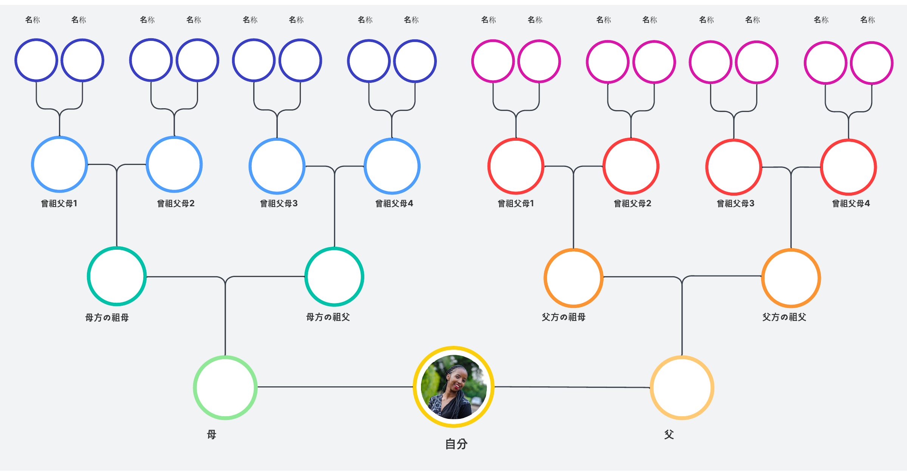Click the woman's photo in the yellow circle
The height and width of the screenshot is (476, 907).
click(x=453, y=387)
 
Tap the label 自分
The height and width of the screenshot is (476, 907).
click(x=456, y=444)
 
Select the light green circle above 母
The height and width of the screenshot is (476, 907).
click(x=225, y=387)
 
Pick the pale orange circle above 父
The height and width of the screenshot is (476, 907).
click(x=682, y=387)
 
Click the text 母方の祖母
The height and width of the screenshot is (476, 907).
click(x=107, y=317)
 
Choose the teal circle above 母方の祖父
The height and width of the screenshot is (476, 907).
click(x=334, y=277)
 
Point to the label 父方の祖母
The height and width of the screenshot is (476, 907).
click(x=563, y=317)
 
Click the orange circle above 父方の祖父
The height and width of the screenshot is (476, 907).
click(x=791, y=278)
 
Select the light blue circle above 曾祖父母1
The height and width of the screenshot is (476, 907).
click(x=59, y=165)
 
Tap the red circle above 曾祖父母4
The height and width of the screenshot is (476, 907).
click(x=848, y=167)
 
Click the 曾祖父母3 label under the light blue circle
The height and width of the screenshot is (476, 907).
click(x=279, y=204)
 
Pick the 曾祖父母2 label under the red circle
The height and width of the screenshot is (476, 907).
click(x=632, y=204)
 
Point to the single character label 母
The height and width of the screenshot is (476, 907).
click(x=212, y=434)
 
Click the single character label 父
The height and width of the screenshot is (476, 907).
click(x=669, y=434)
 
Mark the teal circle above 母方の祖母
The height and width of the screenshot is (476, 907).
click(x=117, y=276)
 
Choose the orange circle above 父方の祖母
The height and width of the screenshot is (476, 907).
click(x=573, y=278)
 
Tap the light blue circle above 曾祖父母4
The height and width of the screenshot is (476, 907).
click(x=392, y=166)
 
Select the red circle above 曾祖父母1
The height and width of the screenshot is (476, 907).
click(x=516, y=166)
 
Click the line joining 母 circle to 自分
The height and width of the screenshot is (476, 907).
click(x=335, y=387)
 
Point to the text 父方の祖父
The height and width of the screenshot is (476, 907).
click(x=784, y=317)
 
